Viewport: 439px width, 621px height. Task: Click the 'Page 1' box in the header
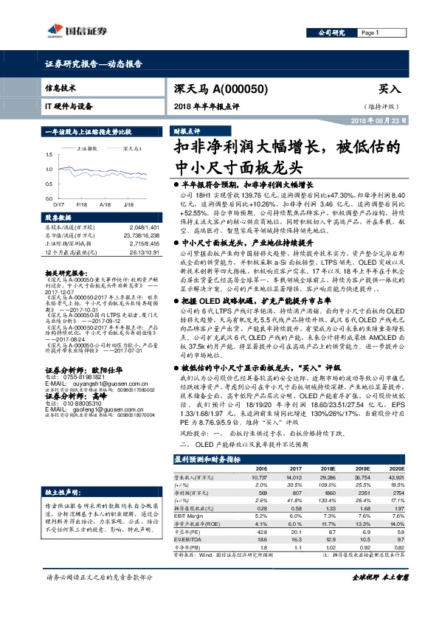tap(370, 33)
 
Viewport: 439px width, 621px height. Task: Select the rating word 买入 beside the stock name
tap(389, 88)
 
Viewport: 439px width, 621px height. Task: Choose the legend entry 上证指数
tap(88, 148)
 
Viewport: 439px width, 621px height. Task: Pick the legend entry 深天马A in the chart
tap(132, 148)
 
